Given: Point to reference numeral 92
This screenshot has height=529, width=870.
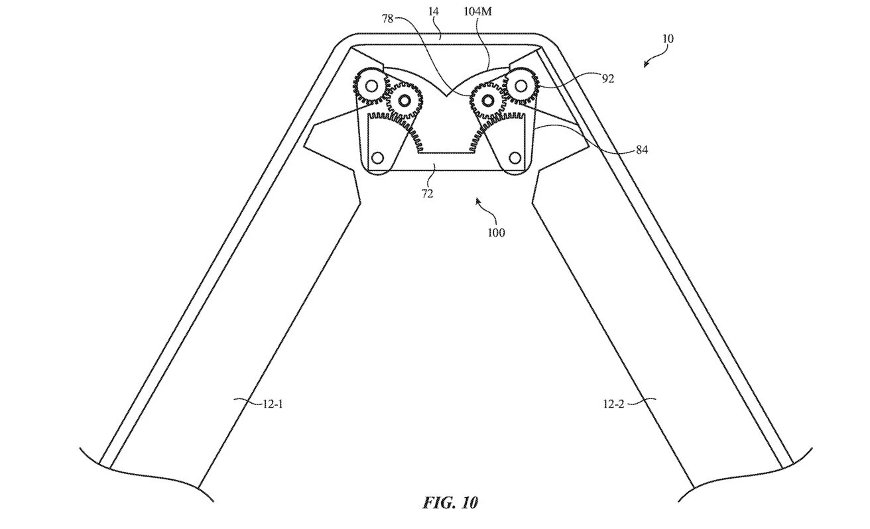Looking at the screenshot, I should (x=607, y=79).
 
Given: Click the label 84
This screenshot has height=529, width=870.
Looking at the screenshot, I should (x=641, y=150).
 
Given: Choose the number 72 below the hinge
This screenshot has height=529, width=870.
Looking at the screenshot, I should (x=427, y=194).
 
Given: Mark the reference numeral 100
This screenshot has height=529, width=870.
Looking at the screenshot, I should (x=496, y=232).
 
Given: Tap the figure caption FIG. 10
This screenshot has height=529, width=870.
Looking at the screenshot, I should (x=450, y=502).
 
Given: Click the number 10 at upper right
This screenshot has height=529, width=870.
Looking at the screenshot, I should (x=667, y=38).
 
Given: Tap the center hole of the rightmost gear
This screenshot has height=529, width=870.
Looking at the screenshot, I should (x=522, y=85).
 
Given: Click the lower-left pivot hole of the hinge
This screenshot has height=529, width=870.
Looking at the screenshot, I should (x=377, y=158).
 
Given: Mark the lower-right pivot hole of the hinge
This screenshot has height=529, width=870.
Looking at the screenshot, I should (x=515, y=158).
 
